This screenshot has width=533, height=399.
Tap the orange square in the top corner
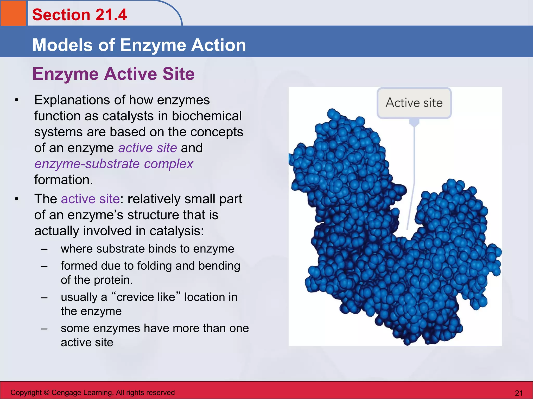pyautogui.click(x=13, y=13)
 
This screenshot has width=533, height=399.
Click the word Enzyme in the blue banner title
pyautogui.click(x=153, y=45)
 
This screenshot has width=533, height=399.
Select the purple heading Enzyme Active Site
pyautogui.click(x=113, y=74)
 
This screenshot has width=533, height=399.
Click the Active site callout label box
pyautogui.click(x=414, y=103)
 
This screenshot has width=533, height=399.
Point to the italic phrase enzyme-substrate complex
pyautogui.click(x=114, y=164)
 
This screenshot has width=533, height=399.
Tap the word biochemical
pyautogui.click(x=207, y=116)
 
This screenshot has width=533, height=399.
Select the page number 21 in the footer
pyautogui.click(x=519, y=393)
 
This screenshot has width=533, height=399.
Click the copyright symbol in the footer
pyautogui.click(x=47, y=393)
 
